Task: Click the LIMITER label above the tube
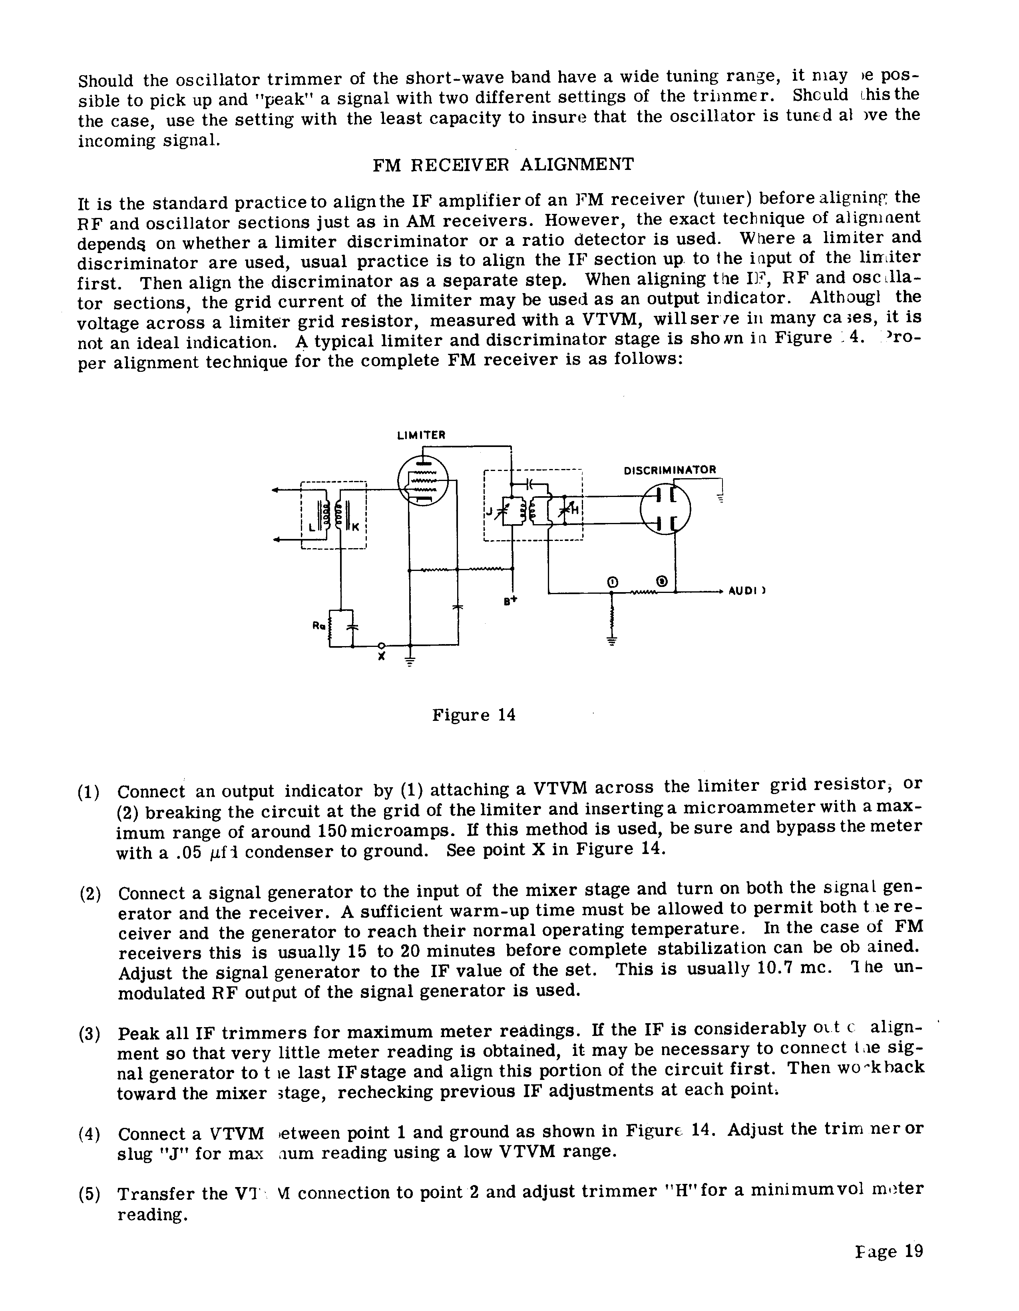coord(421,435)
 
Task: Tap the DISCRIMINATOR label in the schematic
coord(670,470)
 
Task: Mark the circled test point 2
coord(661,581)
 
